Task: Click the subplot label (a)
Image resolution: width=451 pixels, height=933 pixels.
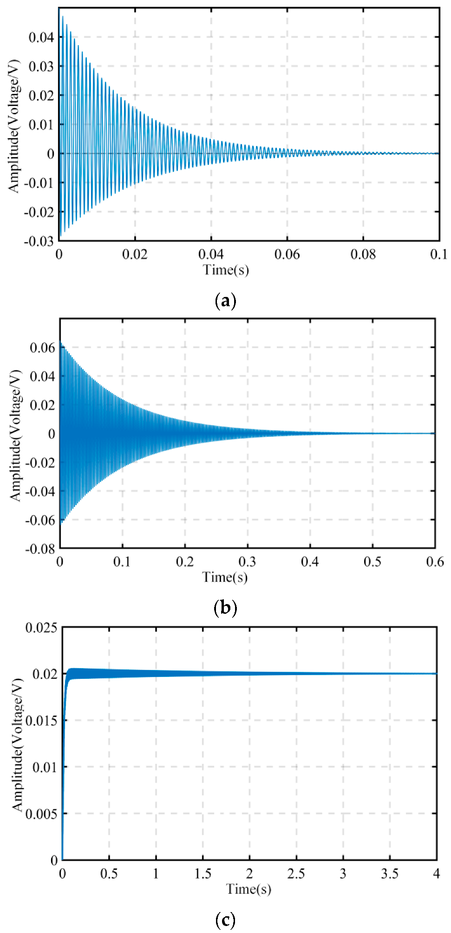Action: (226, 301)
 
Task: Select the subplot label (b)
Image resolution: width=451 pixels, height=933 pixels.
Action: (225, 607)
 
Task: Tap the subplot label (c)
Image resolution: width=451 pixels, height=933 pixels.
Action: (225, 920)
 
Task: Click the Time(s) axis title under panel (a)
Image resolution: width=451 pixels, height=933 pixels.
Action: (226, 269)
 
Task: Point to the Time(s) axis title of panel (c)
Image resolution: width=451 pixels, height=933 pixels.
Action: (248, 888)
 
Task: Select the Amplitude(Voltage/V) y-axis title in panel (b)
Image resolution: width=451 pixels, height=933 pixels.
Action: (16, 435)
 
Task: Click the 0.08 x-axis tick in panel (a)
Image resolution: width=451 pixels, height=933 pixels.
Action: (363, 254)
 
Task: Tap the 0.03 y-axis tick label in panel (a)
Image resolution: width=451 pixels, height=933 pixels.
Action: (42, 66)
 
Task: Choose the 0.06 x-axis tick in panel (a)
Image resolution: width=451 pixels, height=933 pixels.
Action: (287, 254)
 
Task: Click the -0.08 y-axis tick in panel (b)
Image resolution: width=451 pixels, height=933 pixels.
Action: (40, 549)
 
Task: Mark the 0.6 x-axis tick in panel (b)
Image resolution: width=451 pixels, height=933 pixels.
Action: (435, 562)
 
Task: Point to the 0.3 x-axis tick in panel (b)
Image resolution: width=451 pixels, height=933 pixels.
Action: (247, 562)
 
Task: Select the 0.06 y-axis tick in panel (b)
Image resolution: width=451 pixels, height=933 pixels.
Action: (42, 348)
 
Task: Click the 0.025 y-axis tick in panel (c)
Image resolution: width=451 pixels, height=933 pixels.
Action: (41, 628)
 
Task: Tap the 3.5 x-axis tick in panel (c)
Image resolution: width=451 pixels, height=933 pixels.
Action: (389, 874)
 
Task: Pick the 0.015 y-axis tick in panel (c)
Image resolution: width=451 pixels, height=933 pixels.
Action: (41, 721)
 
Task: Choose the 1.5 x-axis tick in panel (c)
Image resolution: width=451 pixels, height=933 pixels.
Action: (203, 874)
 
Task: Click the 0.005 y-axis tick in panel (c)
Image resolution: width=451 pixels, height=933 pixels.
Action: (41, 814)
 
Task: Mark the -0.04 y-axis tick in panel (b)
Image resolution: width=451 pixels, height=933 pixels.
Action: (40, 491)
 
